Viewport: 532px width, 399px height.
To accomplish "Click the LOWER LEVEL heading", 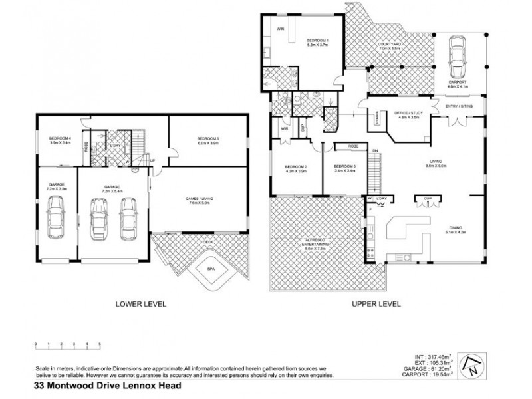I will pyautogui.click(x=140, y=304).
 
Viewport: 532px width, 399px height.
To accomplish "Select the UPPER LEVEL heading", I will pyautogui.click(x=376, y=304).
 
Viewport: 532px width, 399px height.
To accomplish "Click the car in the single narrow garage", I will pyautogui.click(x=56, y=221).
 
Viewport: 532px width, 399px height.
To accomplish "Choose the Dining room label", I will pyautogui.click(x=458, y=230).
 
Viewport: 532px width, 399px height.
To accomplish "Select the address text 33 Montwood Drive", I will pyautogui.click(x=106, y=385).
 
